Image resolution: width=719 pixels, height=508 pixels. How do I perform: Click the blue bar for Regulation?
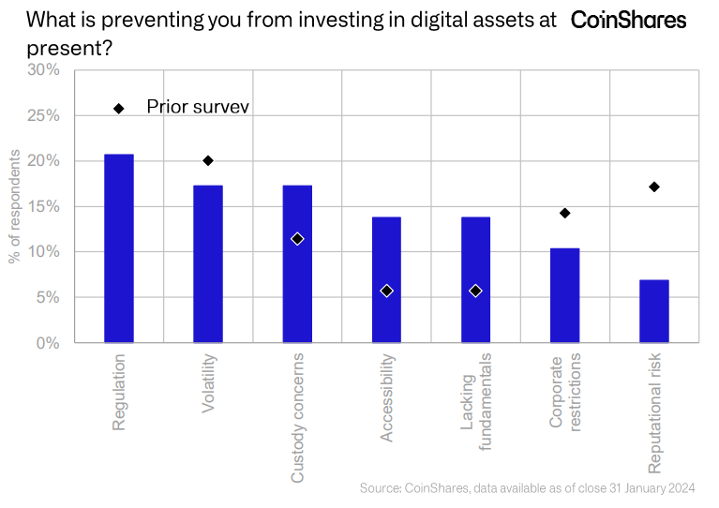click(119, 248)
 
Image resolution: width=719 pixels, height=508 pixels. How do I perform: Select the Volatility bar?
click(208, 263)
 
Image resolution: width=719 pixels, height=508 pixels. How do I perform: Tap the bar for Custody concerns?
click(297, 263)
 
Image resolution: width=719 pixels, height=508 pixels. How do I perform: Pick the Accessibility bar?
click(386, 279)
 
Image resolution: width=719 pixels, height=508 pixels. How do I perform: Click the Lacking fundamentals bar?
click(475, 279)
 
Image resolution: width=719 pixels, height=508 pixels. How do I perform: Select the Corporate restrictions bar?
click(564, 295)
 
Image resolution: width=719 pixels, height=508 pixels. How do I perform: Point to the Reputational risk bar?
click(654, 311)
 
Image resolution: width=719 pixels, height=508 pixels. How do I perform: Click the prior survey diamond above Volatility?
click(208, 160)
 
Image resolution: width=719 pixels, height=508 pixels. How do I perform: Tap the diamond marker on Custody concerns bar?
click(297, 239)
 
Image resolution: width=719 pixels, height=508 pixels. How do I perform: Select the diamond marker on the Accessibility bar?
click(386, 291)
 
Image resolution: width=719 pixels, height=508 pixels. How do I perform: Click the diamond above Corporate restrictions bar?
click(564, 213)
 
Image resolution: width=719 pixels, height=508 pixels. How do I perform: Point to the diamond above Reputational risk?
click(654, 187)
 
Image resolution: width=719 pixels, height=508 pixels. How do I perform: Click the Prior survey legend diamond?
click(119, 108)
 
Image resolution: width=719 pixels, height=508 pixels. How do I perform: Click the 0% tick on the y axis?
click(48, 343)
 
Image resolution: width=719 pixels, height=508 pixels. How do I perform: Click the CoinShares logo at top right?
click(628, 20)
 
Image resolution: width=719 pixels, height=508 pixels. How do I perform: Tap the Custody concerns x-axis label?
click(298, 418)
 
